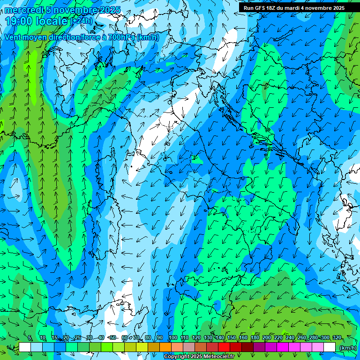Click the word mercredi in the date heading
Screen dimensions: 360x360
[24, 10]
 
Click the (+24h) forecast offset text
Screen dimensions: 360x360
[81, 21]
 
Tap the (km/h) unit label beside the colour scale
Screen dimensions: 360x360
[347, 348]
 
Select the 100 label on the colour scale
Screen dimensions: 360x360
[172, 338]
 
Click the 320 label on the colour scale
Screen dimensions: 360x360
[337, 338]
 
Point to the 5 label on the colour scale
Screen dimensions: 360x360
[30, 338]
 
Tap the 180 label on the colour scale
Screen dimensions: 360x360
[255, 338]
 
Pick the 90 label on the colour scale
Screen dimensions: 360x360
[160, 338]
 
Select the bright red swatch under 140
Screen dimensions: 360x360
[224, 347]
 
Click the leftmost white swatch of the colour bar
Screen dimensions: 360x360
[25, 347]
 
